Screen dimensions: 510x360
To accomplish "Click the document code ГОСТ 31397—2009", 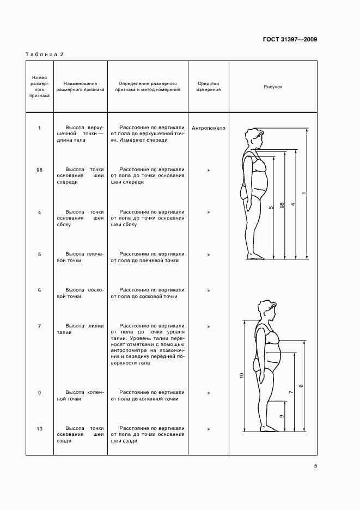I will (290, 39).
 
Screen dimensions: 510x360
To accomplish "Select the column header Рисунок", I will (273, 86).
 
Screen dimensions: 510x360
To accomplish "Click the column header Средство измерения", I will (209, 86).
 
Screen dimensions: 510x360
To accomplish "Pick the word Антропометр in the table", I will (209, 129).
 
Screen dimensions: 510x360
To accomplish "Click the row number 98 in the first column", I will (39, 170).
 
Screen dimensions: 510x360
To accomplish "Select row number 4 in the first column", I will (39, 212).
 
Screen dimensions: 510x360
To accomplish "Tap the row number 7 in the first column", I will (39, 326).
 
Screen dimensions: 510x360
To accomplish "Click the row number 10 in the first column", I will (39, 429).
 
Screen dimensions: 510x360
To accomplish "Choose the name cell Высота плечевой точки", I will (80, 257).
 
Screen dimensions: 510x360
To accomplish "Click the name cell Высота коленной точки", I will (80, 396).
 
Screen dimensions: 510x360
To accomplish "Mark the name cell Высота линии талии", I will (80, 330).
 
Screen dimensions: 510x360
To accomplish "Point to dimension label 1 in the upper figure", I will (304, 194).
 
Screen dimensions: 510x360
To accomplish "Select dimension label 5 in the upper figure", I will (271, 207).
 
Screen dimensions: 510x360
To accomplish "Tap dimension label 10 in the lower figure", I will (241, 375).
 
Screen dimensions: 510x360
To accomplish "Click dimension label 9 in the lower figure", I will (281, 417).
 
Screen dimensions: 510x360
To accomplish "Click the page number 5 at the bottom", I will (315, 466).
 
